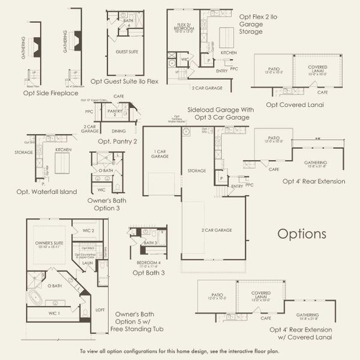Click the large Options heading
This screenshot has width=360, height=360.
[x=302, y=233]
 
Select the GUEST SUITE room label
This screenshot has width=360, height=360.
[x=127, y=52]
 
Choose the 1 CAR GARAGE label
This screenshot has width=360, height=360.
[x=159, y=154]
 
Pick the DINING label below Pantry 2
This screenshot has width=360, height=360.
[x=119, y=130]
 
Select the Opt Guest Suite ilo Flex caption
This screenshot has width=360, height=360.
[x=124, y=81]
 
